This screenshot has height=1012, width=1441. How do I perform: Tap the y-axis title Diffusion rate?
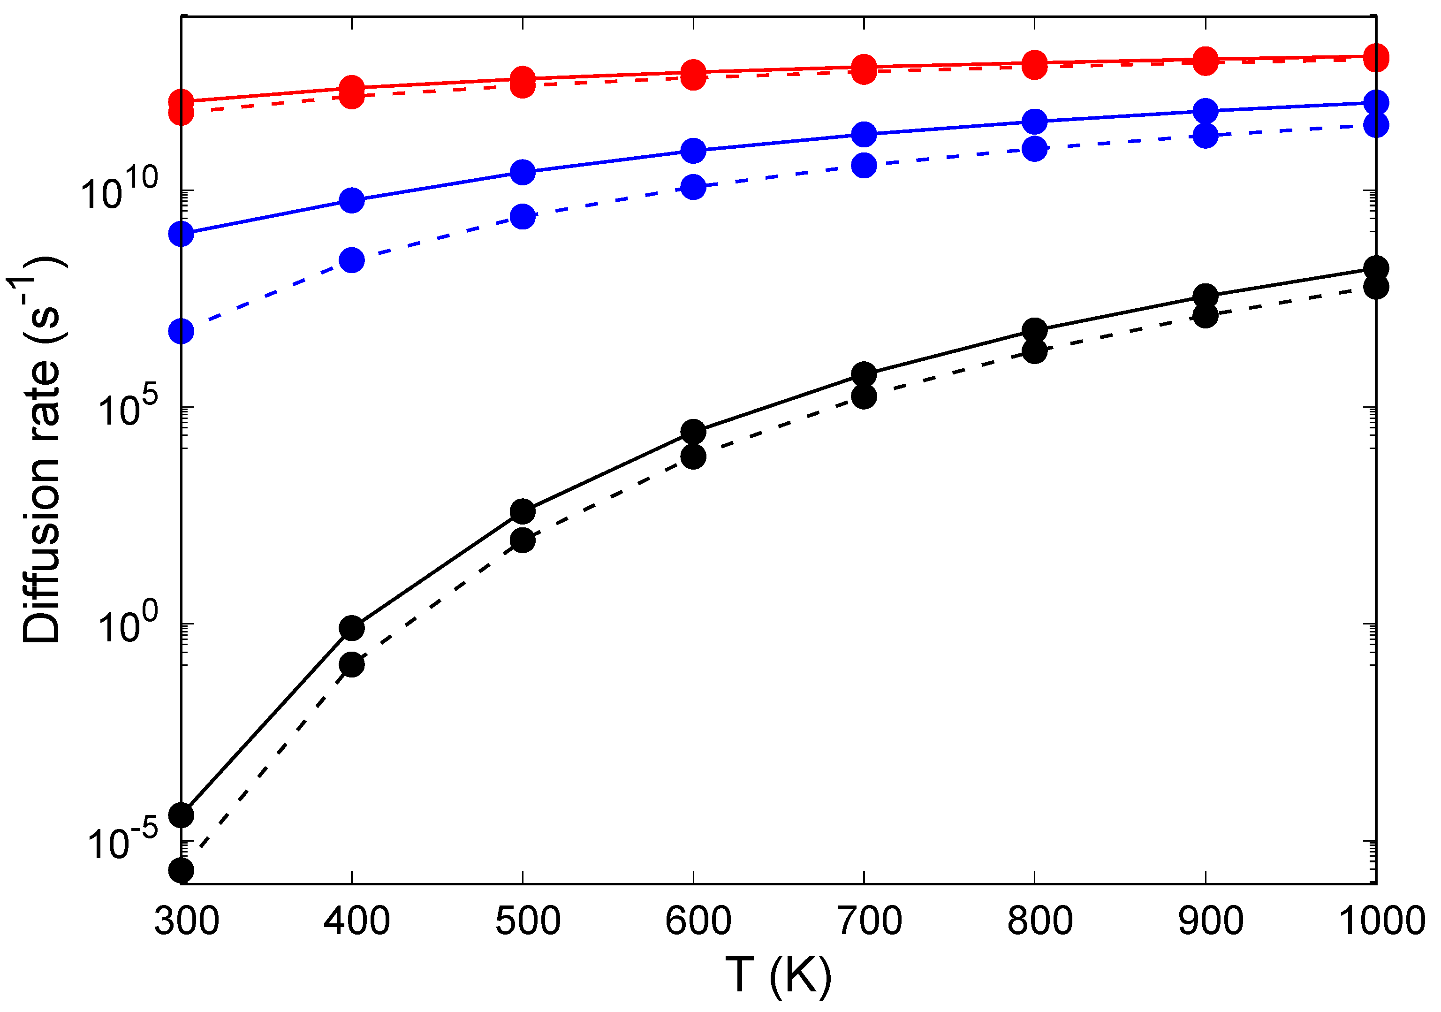pos(41,452)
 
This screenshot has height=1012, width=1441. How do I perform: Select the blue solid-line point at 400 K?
pos(351,200)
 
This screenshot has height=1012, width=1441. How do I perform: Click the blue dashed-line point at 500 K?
pos(522,217)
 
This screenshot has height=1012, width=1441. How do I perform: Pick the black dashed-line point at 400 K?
pos(351,664)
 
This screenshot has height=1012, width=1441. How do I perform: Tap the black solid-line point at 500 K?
pos(522,512)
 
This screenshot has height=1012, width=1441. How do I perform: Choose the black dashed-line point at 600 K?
pos(693,457)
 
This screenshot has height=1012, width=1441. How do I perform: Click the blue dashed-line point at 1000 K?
pos(1376,125)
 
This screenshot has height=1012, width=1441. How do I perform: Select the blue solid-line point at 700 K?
pos(864,134)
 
